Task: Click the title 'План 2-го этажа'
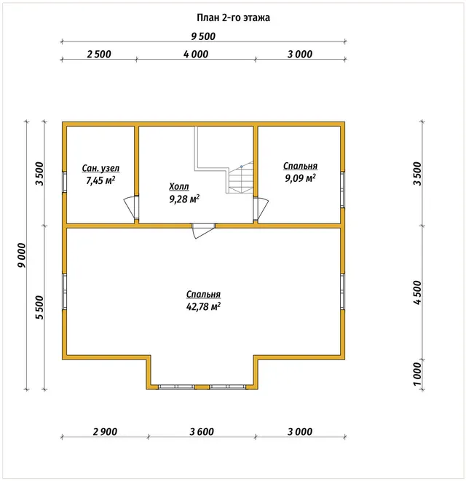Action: (233, 17)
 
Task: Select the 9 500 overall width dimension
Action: (203, 36)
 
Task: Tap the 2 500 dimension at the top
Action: (99, 55)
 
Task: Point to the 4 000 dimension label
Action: (196, 55)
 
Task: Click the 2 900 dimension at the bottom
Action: (105, 432)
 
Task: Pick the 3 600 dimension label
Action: (202, 432)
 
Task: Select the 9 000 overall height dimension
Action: (22, 255)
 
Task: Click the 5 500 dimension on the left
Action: (40, 308)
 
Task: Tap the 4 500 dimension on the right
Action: (418, 293)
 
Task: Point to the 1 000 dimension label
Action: (417, 375)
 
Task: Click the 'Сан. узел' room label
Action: (100, 168)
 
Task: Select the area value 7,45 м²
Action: (100, 180)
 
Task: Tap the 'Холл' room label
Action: (179, 186)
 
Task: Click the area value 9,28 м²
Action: (184, 199)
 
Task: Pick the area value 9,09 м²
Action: (300, 178)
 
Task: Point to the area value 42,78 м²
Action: (203, 306)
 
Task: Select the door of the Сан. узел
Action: (131, 208)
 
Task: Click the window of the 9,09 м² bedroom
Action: (343, 190)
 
